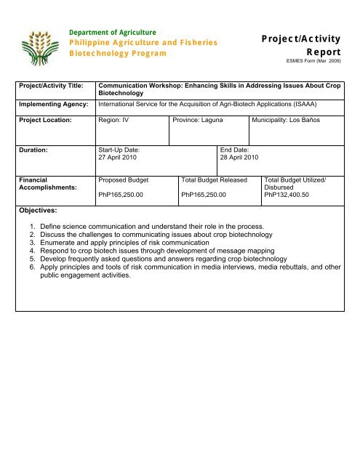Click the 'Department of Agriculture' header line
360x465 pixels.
click(113, 32)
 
